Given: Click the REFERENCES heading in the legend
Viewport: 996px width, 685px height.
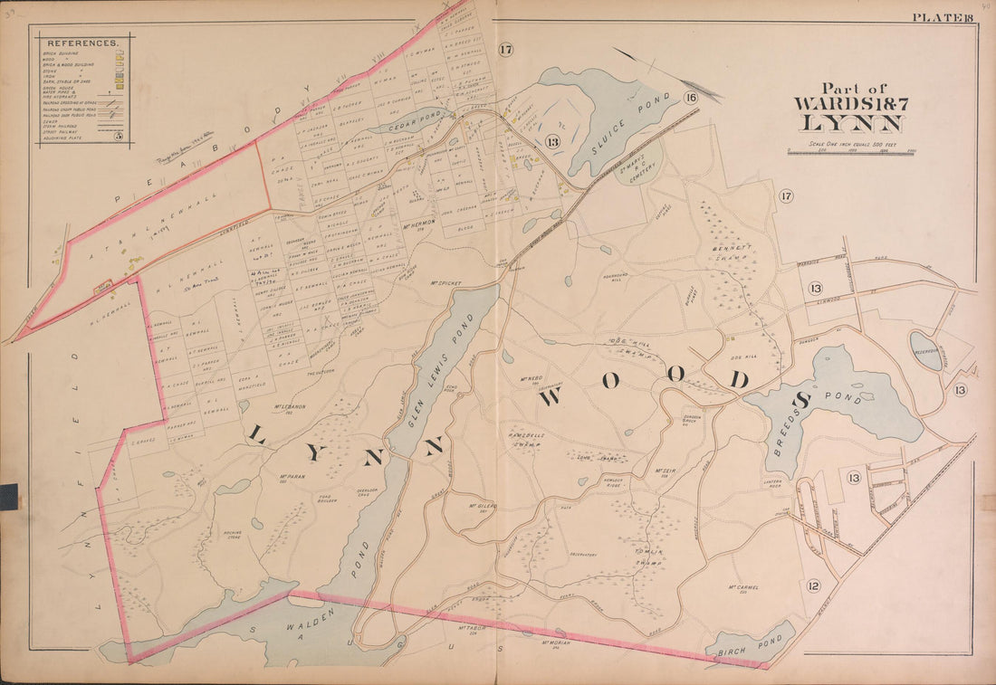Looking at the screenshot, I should pos(82,43).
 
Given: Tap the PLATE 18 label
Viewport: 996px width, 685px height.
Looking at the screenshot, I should pos(943,16).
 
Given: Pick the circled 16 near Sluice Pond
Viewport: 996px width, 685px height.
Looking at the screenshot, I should pos(691,98).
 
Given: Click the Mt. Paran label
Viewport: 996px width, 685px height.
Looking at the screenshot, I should pos(290,477).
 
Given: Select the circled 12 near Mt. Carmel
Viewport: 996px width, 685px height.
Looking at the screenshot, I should pos(812,586).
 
